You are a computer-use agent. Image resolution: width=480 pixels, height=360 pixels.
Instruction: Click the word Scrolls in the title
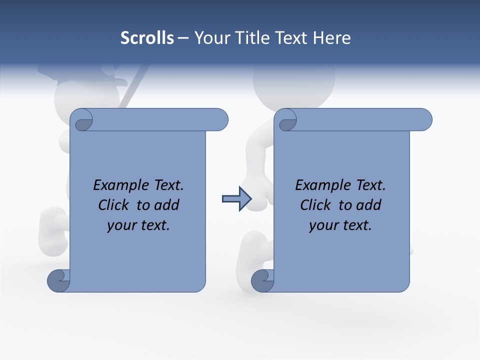[x=147, y=38]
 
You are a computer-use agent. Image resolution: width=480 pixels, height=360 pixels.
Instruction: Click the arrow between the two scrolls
[x=236, y=199]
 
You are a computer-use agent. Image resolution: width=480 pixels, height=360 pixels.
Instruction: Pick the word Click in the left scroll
[x=113, y=205]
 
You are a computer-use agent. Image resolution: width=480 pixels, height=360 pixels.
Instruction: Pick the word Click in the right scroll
[x=315, y=205]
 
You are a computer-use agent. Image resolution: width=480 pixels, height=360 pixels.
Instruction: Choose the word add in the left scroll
[x=166, y=205]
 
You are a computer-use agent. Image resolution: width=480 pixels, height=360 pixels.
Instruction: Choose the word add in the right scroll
[x=368, y=205]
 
